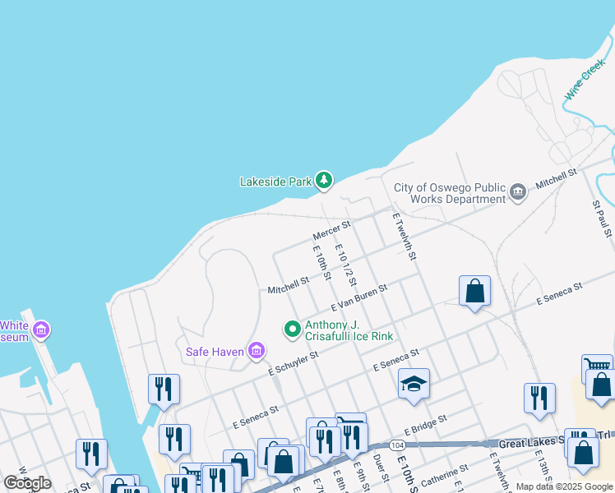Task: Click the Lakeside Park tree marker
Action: pyautogui.click(x=325, y=180)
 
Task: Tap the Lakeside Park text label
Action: pyautogui.click(x=275, y=182)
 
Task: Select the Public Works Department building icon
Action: pyautogui.click(x=518, y=192)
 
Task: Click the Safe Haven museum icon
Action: pyautogui.click(x=257, y=352)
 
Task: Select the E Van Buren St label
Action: pyautogui.click(x=358, y=294)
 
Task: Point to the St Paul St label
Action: pyautogui.click(x=599, y=214)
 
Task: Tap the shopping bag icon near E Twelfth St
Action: pyautogui.click(x=474, y=291)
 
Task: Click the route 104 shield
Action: pyautogui.click(x=398, y=445)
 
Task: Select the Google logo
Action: pyautogui.click(x=27, y=483)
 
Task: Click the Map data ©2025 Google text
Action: pyautogui.click(x=564, y=486)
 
